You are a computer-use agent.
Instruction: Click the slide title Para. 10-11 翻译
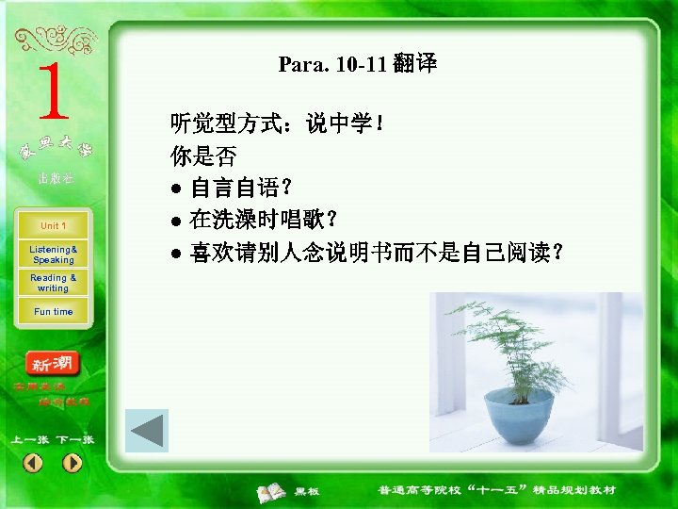click(x=357, y=65)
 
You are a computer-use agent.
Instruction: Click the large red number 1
click(x=53, y=93)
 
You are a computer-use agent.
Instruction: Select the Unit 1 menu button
click(x=53, y=226)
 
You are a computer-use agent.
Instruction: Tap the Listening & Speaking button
click(x=53, y=254)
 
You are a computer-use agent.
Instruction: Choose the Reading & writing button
click(x=53, y=283)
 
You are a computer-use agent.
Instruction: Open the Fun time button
click(x=53, y=312)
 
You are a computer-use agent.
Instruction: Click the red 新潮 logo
click(x=54, y=364)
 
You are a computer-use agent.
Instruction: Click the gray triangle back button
click(x=147, y=431)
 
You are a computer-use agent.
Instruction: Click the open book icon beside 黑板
click(x=273, y=491)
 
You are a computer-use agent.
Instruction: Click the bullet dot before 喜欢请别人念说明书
click(x=175, y=254)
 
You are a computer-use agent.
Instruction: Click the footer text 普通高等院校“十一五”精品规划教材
click(x=496, y=490)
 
